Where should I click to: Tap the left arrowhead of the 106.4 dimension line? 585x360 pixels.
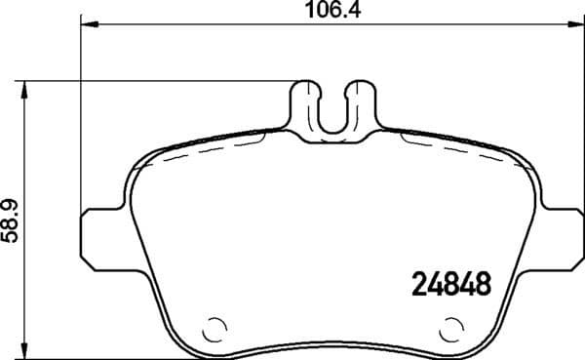click(85, 26)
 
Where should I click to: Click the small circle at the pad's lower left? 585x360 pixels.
click(217, 329)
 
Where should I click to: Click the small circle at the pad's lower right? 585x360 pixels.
click(451, 329)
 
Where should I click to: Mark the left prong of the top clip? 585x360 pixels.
click(306, 102)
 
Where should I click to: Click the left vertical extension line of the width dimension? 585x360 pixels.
click(78, 117)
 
